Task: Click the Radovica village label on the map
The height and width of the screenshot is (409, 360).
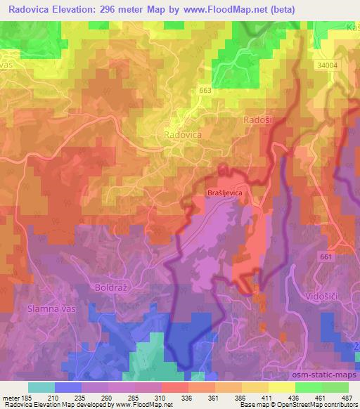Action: click(181, 134)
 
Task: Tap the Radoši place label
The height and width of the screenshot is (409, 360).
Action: click(257, 121)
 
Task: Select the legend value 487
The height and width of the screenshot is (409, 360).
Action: click(346, 398)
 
